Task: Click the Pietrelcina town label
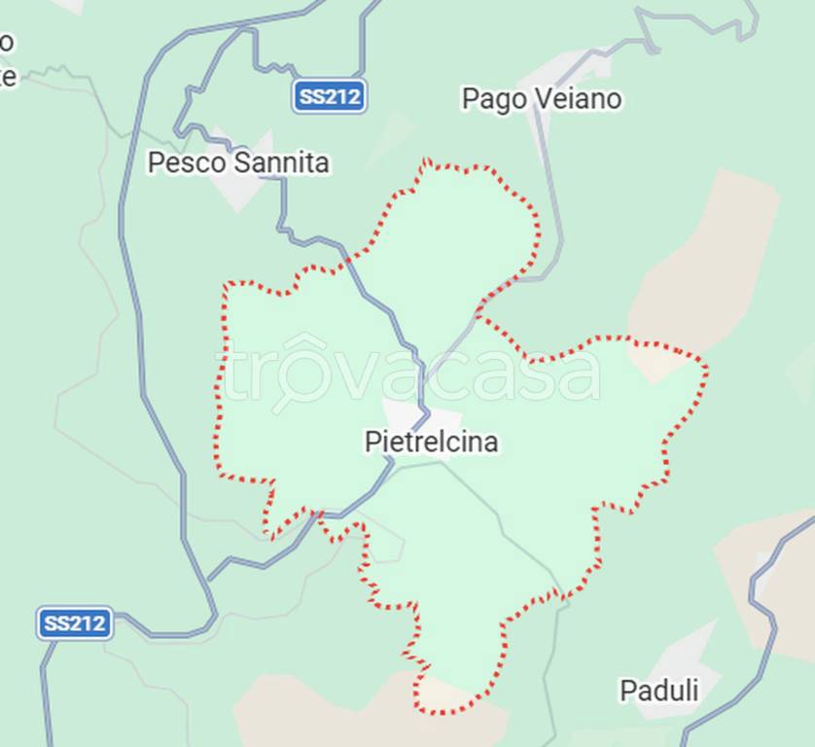pyautogui.click(x=431, y=443)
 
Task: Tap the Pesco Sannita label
pyautogui.click(x=238, y=162)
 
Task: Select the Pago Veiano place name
pyautogui.click(x=541, y=99)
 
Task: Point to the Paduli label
pyautogui.click(x=659, y=691)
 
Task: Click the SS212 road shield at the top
pyautogui.click(x=330, y=97)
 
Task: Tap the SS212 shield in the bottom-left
pyautogui.click(x=75, y=623)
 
